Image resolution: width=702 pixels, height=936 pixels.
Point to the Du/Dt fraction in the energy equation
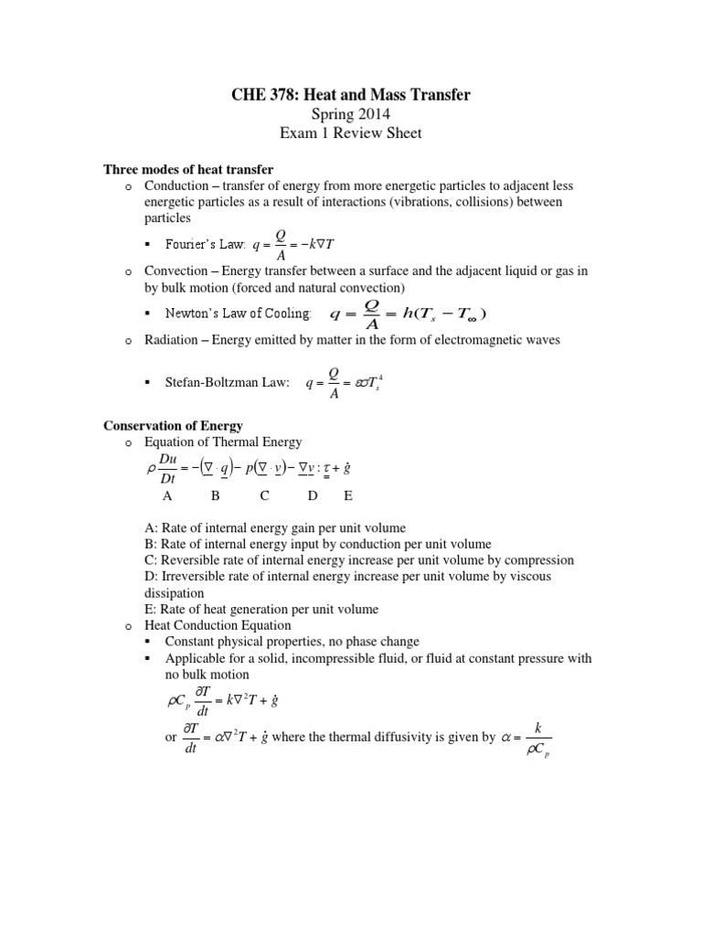click(x=169, y=466)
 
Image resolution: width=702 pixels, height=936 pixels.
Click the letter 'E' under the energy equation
click(x=347, y=495)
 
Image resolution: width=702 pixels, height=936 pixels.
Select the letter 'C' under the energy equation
click(x=264, y=495)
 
